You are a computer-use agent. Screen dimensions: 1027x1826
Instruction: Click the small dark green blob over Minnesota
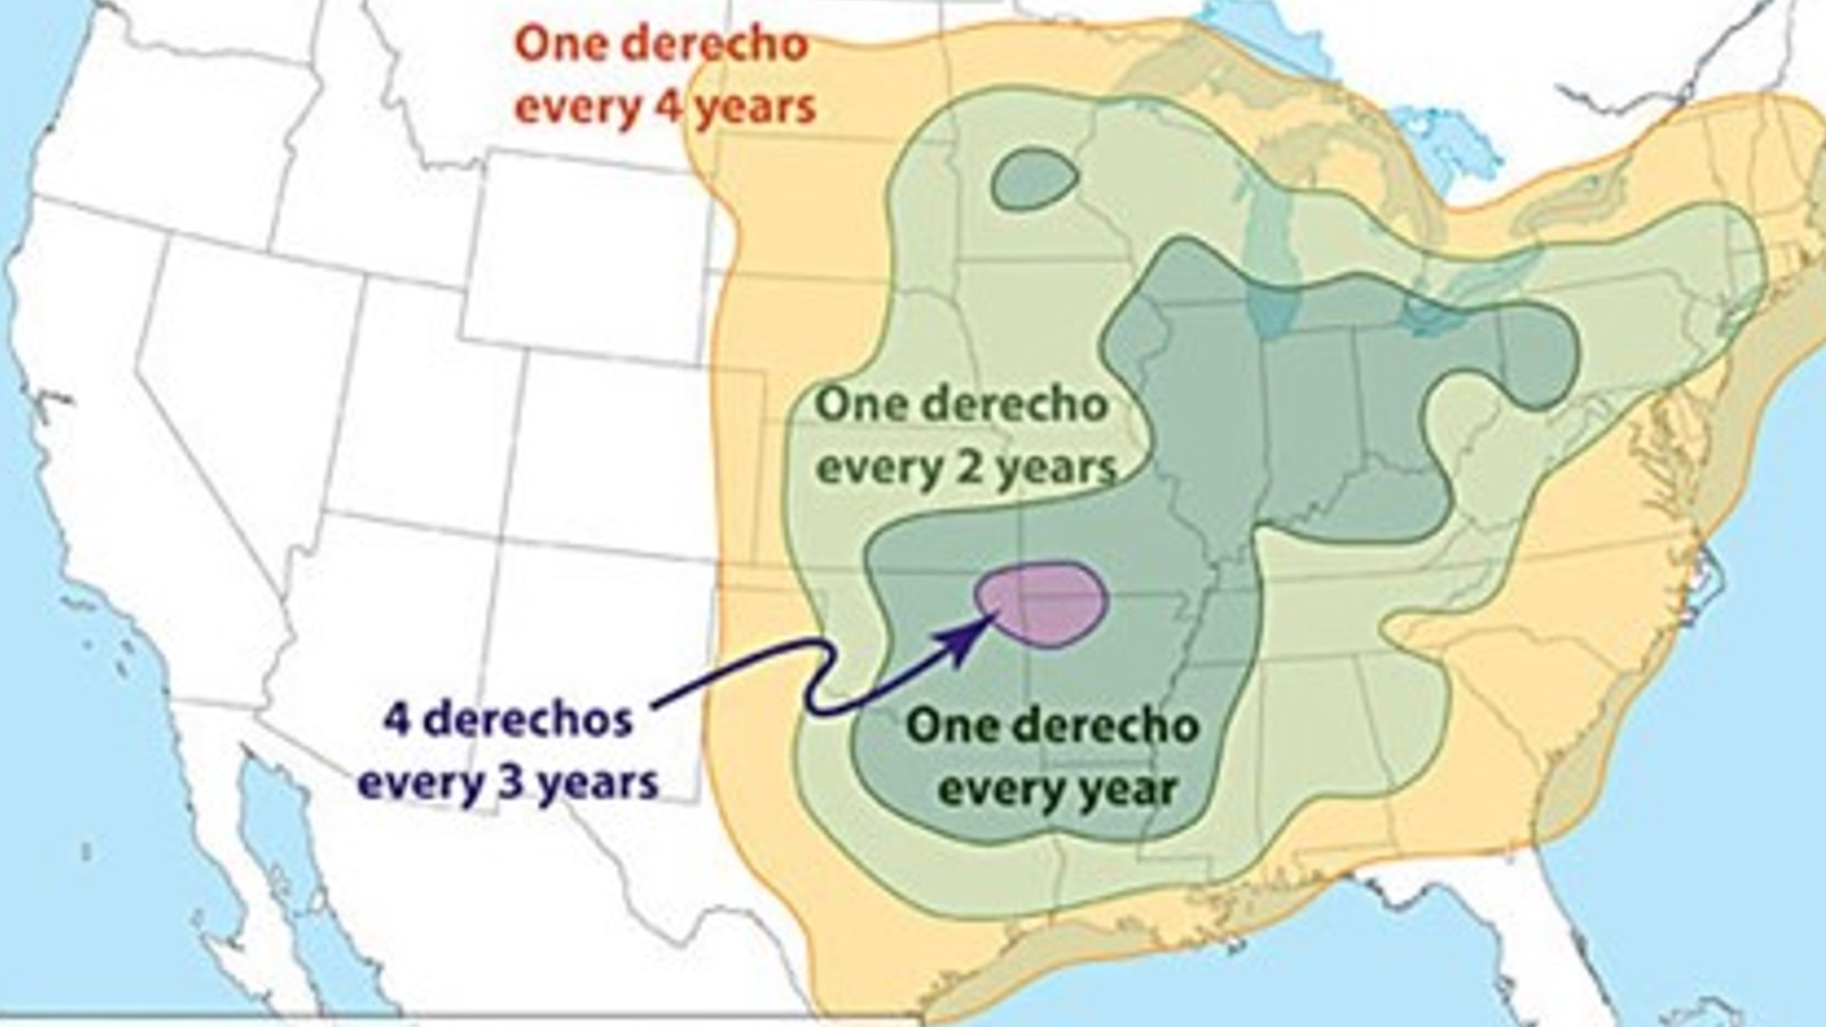click(x=1034, y=179)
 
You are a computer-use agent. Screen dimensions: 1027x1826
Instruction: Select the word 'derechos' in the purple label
click(x=528, y=720)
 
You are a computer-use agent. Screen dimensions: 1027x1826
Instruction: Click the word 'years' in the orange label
click(x=756, y=107)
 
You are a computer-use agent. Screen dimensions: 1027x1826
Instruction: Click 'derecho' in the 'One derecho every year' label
click(x=1103, y=727)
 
